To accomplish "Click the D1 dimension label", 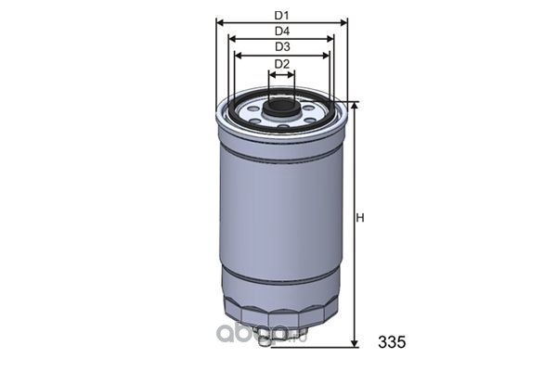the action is click(x=281, y=15).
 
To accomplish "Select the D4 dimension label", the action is click(x=282, y=32).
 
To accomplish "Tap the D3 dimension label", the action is click(x=282, y=46).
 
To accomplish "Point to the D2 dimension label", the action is click(x=282, y=64).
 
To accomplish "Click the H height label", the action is click(x=360, y=218).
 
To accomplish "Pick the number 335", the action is click(x=392, y=342).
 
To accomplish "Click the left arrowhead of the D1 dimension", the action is click(x=219, y=23).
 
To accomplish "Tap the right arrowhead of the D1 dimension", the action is click(x=343, y=23).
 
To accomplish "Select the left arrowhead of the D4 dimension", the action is click(x=232, y=38).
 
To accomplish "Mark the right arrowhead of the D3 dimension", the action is click(x=326, y=56).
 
